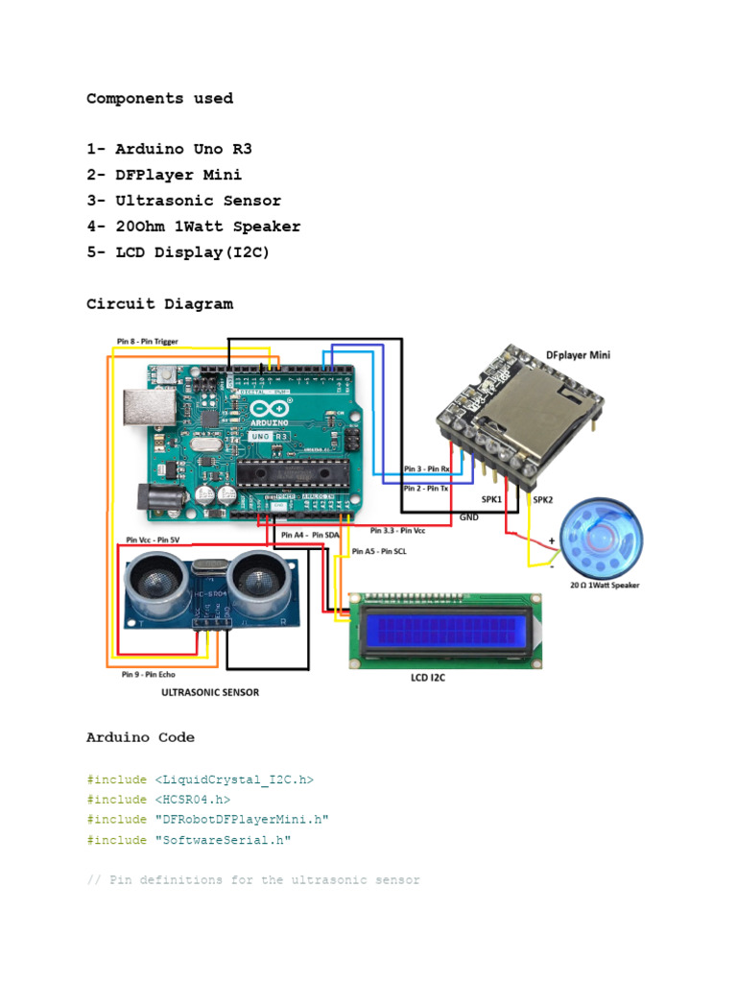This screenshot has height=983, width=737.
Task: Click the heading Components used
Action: pos(159,98)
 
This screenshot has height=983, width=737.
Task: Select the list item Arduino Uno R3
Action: pos(182,149)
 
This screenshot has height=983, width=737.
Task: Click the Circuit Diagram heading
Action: pos(159,303)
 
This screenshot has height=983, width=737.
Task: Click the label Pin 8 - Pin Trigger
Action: pos(147,341)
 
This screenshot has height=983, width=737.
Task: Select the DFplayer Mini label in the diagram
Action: pos(578,354)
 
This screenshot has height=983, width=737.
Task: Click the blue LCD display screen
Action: pos(447,631)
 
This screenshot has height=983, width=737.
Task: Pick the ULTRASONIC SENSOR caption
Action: pos(208,691)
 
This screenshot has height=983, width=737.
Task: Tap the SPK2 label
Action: pos(542,500)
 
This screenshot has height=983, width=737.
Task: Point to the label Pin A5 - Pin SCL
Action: pos(379,552)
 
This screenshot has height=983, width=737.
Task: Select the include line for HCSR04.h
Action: pos(158,799)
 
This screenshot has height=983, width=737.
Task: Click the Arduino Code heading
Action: pos(140,737)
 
